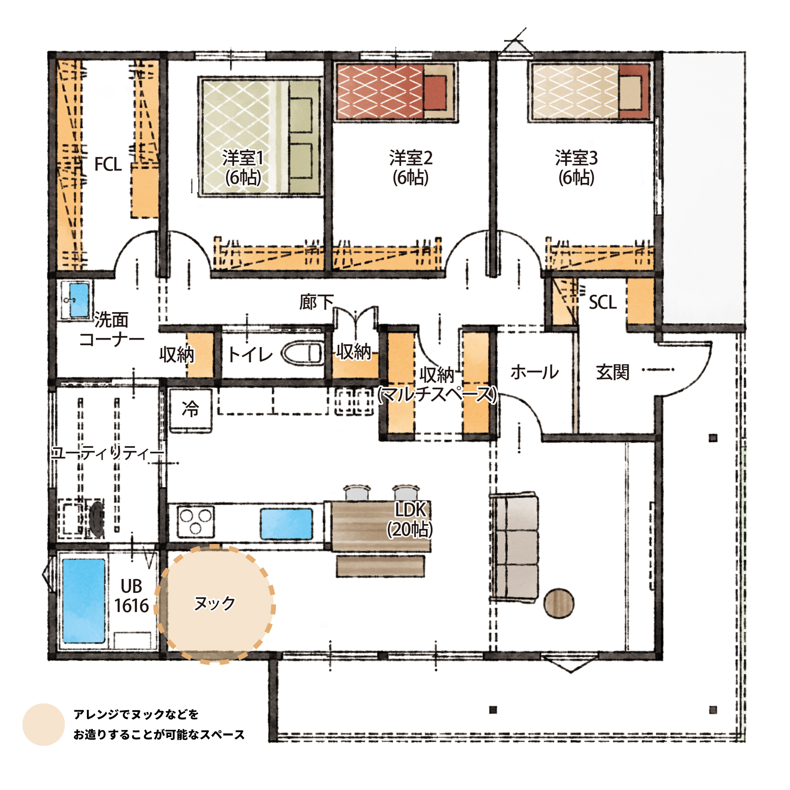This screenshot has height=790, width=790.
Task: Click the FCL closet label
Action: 108,164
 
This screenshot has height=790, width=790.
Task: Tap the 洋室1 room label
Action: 243,167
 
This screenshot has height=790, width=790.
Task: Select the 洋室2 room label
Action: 410,167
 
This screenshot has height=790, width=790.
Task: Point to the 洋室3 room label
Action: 576,167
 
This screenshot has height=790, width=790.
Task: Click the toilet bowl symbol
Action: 302,353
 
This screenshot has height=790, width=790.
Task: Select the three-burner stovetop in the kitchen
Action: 196,522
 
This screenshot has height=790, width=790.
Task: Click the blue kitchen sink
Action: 286,524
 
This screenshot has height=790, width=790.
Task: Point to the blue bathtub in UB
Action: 84,601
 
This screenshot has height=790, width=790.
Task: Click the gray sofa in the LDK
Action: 513,547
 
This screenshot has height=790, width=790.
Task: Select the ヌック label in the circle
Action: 214,603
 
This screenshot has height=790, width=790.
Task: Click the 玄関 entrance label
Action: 612,372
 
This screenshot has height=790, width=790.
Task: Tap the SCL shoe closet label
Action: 602,303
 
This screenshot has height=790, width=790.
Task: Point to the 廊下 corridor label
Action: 316,303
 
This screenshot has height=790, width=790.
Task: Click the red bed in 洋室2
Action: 395,92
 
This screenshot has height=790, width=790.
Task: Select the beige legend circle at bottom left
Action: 43,724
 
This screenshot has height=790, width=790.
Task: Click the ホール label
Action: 534,372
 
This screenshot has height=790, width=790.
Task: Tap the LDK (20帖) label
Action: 410,519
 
